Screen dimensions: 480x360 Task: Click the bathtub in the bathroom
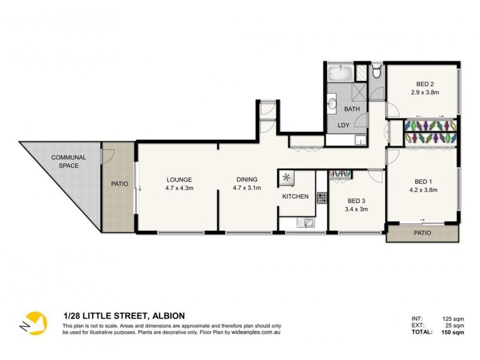coord(340,73)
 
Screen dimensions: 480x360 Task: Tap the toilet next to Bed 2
coord(377,71)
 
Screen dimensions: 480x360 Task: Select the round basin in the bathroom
coord(332,103)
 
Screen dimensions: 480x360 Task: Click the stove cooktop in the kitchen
coord(322,198)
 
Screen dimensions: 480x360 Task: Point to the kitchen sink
coord(305,223)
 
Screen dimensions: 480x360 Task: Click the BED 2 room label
coord(425,84)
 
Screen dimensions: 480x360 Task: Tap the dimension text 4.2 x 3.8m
coord(424,190)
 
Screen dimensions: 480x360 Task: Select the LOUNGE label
coord(179,179)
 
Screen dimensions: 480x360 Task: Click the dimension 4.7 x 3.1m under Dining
coord(247,188)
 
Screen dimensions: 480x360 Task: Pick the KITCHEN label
coord(295,197)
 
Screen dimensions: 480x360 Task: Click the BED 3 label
coord(356,201)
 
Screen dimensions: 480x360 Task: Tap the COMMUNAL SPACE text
coord(68,161)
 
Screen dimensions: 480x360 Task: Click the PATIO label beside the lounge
coord(119,184)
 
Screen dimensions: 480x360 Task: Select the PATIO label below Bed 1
coord(422,233)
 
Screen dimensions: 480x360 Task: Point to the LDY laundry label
coord(343,125)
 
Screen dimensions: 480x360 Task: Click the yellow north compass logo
coord(34,323)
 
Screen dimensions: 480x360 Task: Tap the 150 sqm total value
coord(452,332)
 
